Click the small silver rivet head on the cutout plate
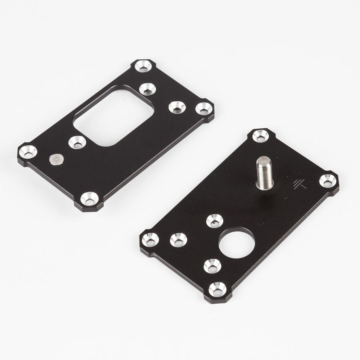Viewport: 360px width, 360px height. pos(55,160)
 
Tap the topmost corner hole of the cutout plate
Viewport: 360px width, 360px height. pos(143,65)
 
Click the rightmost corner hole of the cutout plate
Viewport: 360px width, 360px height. pos(204,108)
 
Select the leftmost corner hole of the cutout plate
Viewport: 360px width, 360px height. pos(28,152)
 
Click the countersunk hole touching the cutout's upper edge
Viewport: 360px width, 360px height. pos(147,89)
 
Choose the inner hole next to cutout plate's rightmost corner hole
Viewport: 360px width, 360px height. pos(176,107)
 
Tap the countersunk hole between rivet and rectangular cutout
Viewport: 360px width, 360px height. pos(77,142)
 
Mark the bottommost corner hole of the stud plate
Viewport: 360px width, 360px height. pos(216,288)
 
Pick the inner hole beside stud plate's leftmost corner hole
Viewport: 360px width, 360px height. pos(178,240)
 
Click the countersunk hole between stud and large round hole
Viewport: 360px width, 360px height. pos(215,220)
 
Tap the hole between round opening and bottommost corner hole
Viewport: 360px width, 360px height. pos(212,266)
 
